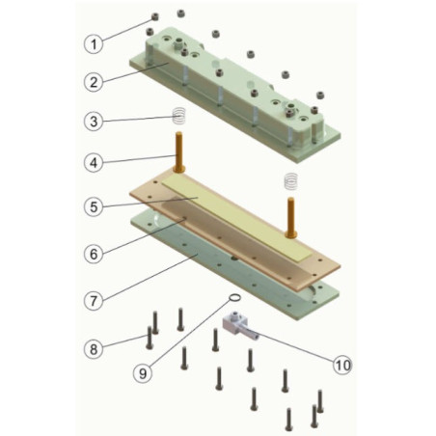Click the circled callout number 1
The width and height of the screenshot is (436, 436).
tap(94, 43)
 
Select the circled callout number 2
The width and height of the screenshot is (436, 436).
tap(94, 82)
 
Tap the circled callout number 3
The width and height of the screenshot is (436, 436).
tap(94, 122)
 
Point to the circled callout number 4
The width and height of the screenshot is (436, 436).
tap(94, 163)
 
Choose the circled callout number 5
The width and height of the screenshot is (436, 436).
tap(94, 206)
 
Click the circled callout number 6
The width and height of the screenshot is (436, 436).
tap(94, 254)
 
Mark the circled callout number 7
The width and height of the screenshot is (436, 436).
tap(94, 301)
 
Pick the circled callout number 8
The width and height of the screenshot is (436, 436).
tap(94, 349)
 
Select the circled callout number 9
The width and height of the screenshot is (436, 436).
tap(143, 373)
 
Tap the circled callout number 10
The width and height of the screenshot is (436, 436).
tap(342, 365)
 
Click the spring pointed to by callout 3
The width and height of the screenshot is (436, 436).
tap(179, 116)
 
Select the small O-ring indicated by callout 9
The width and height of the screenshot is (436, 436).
tap(234, 298)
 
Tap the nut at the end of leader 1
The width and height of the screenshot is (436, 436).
tap(155, 16)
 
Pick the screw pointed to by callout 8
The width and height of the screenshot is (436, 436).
tap(150, 338)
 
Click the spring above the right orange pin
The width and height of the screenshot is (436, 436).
tap(291, 181)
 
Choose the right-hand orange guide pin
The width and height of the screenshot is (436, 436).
tap(291, 218)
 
